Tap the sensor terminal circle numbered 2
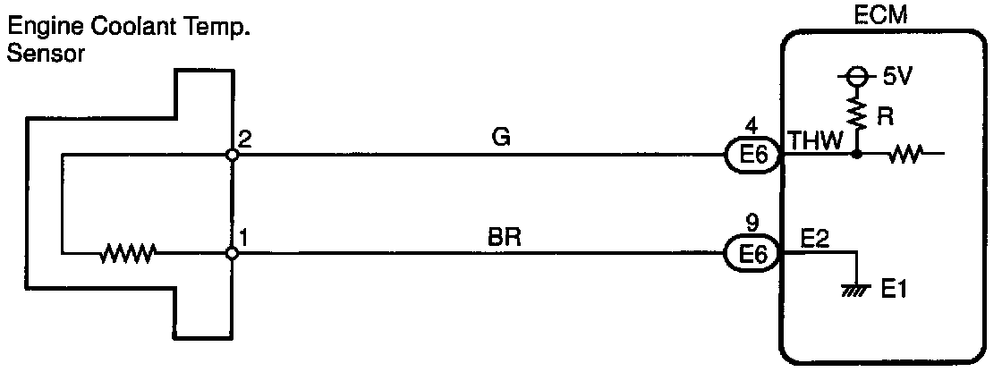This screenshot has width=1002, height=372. pyautogui.click(x=232, y=155)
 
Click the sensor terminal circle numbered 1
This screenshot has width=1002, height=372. pyautogui.click(x=232, y=253)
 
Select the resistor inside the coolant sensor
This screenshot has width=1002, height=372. pyautogui.click(x=129, y=253)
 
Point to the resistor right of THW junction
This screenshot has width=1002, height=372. pyautogui.click(x=904, y=156)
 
